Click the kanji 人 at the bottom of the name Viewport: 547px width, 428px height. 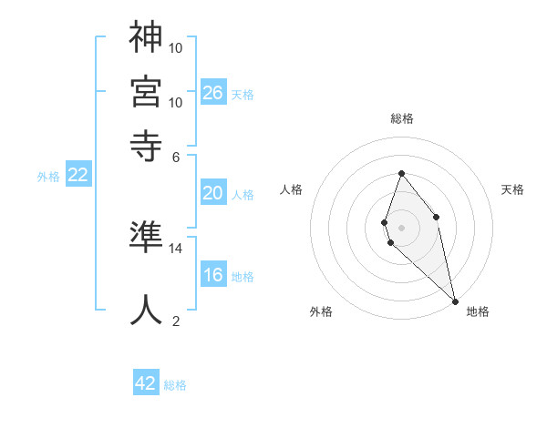tap(147, 310)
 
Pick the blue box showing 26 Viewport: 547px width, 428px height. tap(213, 92)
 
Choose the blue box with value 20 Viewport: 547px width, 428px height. tap(213, 193)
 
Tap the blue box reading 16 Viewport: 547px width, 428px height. tap(213, 275)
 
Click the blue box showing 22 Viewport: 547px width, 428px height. tap(77, 176)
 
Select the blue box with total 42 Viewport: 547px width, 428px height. tap(146, 383)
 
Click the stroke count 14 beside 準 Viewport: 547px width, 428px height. tap(176, 248)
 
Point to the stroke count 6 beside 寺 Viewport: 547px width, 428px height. tap(176, 156)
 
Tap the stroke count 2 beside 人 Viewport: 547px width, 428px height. tap(176, 320)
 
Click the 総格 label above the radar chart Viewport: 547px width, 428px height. tap(401, 118)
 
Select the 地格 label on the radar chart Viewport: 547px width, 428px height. tap(478, 312)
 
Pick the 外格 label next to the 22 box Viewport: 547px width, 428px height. tap(48, 177)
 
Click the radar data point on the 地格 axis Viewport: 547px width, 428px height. tap(454, 300)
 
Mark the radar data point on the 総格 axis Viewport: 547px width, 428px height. tap(401, 174)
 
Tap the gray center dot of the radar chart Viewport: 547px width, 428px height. tap(401, 227)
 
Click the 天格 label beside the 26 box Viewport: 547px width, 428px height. tap(243, 94)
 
